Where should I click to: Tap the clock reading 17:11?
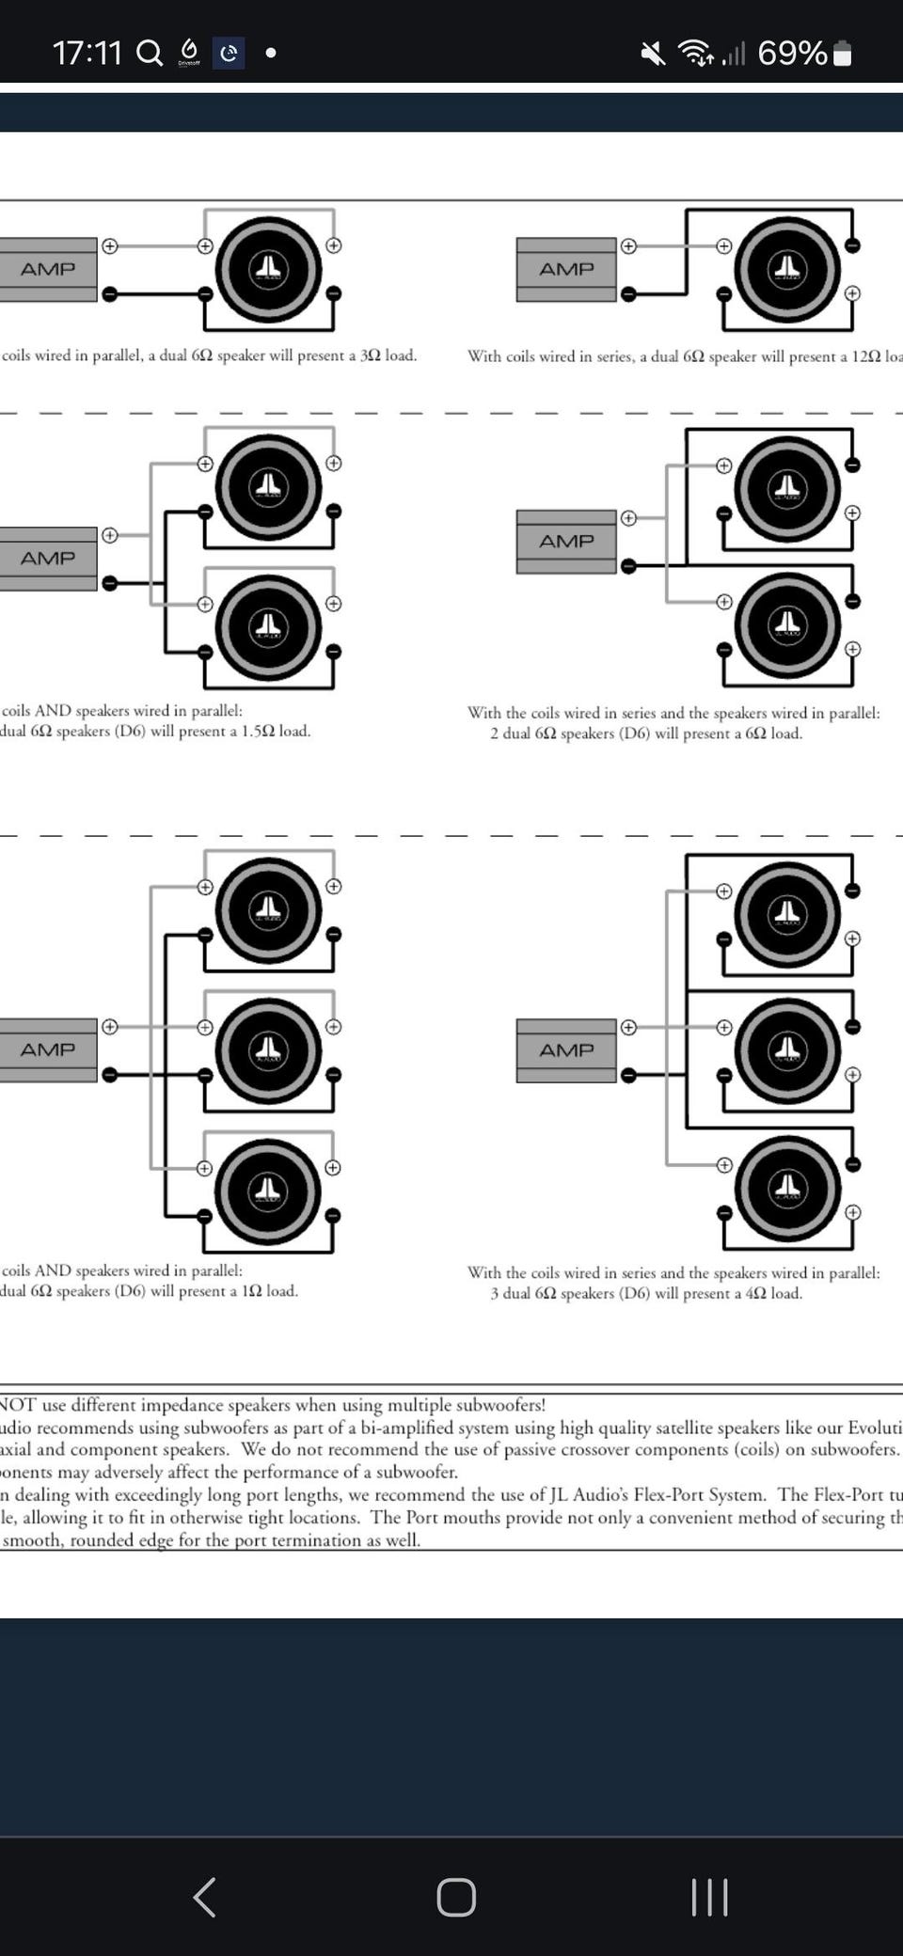[87, 53]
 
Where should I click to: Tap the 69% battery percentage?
[792, 54]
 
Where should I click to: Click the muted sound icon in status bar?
[653, 54]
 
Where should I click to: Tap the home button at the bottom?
[456, 1897]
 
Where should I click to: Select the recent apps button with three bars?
[709, 1897]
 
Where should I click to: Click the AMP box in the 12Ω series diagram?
[566, 270]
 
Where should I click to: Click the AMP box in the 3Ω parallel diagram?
[48, 270]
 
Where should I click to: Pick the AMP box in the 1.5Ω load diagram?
[48, 559]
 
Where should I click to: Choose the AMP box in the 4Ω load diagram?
[566, 1050]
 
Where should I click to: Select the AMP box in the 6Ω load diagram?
[566, 542]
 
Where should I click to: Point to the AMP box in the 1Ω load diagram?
[48, 1049]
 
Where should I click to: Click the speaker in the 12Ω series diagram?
[787, 270]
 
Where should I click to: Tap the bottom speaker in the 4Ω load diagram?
[787, 1190]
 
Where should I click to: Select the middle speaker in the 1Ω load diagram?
[268, 1050]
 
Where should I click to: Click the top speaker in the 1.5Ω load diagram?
[268, 487]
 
